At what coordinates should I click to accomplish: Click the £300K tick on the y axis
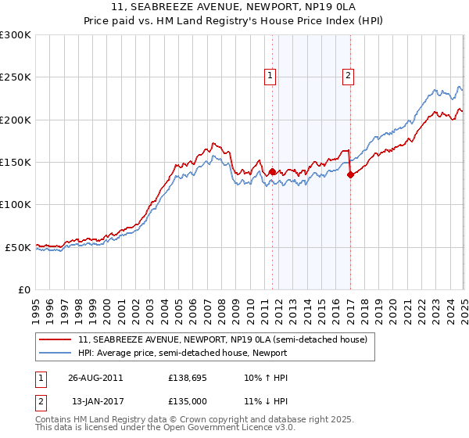[x=16, y=35]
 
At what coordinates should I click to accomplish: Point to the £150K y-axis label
[x=16, y=162]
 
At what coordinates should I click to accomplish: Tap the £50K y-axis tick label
[x=18, y=247]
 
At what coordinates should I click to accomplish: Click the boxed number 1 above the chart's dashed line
[x=270, y=76]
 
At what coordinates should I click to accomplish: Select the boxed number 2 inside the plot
[x=347, y=76]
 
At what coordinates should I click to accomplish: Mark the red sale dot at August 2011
[x=273, y=171]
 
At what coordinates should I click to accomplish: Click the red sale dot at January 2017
[x=350, y=175]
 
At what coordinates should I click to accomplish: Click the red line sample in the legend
[x=56, y=339]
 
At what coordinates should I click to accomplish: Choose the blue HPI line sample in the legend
[x=56, y=353]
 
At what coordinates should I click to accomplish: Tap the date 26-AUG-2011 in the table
[x=95, y=378]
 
